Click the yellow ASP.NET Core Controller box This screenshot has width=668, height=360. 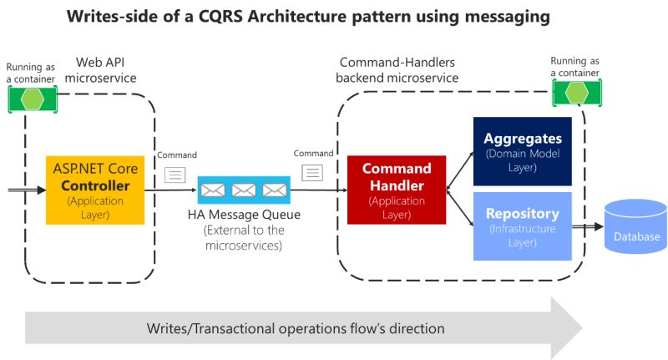click(x=95, y=190)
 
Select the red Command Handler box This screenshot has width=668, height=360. click(x=397, y=190)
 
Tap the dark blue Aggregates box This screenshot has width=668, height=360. click(x=522, y=150)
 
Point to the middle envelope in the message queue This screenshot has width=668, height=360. click(x=244, y=190)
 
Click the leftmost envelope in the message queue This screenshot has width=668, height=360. click(x=214, y=190)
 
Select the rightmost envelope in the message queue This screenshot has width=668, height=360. click(x=274, y=190)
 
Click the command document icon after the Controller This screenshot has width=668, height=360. click(x=175, y=174)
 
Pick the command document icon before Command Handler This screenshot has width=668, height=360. click(x=311, y=173)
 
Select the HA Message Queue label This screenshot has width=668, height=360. click(x=244, y=216)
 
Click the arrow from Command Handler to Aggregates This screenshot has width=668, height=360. click(x=459, y=171)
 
